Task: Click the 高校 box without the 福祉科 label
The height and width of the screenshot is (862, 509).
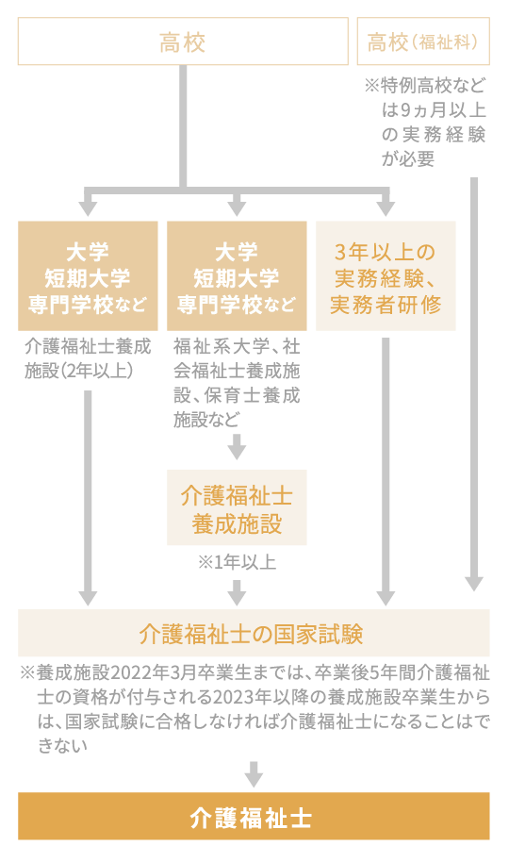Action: click(x=183, y=42)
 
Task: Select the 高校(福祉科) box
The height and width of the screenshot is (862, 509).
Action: click(x=424, y=42)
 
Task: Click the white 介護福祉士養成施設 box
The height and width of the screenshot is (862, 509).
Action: click(x=237, y=510)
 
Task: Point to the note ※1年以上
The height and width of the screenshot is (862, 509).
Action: click(x=237, y=563)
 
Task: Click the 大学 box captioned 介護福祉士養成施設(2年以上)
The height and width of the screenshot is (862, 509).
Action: click(x=88, y=276)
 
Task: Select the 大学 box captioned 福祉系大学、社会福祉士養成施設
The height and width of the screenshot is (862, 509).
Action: click(x=237, y=276)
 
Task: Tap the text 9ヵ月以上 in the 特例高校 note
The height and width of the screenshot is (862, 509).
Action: click(x=429, y=110)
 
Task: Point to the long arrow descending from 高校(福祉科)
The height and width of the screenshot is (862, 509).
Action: click(x=474, y=377)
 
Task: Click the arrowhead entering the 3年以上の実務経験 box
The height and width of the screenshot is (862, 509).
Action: click(x=386, y=206)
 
